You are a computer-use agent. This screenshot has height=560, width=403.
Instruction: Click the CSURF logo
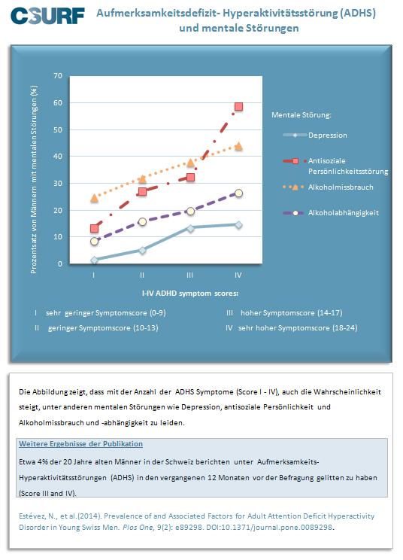(47, 16)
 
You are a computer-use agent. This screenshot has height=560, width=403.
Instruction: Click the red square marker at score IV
(238, 106)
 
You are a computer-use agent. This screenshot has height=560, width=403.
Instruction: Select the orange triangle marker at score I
(94, 197)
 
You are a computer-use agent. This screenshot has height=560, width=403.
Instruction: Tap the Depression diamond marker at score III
(190, 228)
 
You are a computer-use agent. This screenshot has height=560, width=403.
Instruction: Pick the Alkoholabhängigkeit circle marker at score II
(142, 222)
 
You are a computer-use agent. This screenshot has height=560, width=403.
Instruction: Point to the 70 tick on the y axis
(58, 76)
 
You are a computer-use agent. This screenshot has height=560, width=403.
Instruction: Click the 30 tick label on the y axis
(58, 183)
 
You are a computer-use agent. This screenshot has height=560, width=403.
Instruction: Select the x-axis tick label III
(189, 275)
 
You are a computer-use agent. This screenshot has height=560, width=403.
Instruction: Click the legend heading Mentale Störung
(301, 115)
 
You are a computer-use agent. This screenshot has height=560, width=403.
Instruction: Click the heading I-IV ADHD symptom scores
(190, 294)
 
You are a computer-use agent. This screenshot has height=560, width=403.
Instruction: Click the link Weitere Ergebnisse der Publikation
(80, 444)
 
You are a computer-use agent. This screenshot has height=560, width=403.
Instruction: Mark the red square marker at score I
(94, 228)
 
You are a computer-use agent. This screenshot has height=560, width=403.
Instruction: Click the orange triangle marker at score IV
(238, 146)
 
